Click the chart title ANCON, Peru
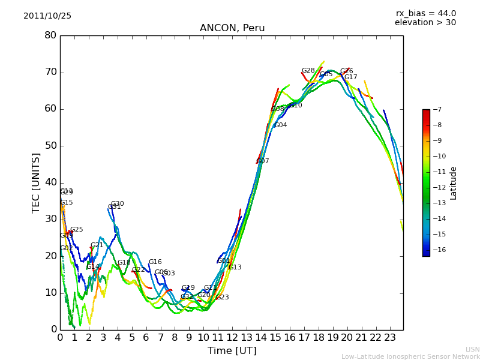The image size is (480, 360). (x=232, y=28)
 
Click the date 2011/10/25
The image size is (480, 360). (x=47, y=16)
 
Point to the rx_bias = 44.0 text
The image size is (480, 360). (x=425, y=13)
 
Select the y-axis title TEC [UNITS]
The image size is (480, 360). (x=36, y=182)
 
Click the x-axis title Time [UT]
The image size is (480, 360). (x=232, y=350)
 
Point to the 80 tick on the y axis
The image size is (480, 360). (x=50, y=35)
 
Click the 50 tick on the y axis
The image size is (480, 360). (x=50, y=146)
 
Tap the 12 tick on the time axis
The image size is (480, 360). (x=232, y=337)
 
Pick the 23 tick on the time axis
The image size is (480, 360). (x=390, y=337)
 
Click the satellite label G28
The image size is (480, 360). (x=308, y=71)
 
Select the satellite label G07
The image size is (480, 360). (x=263, y=161)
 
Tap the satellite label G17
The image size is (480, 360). (x=350, y=77)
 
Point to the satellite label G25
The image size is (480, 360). (x=77, y=230)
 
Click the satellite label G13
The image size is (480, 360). (x=235, y=268)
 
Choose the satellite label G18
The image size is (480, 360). (x=124, y=263)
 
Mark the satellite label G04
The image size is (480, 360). (x=281, y=125)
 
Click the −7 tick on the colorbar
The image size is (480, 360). (x=439, y=110)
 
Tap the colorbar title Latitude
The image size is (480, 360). (x=454, y=183)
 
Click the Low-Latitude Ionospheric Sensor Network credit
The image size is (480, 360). (x=410, y=356)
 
